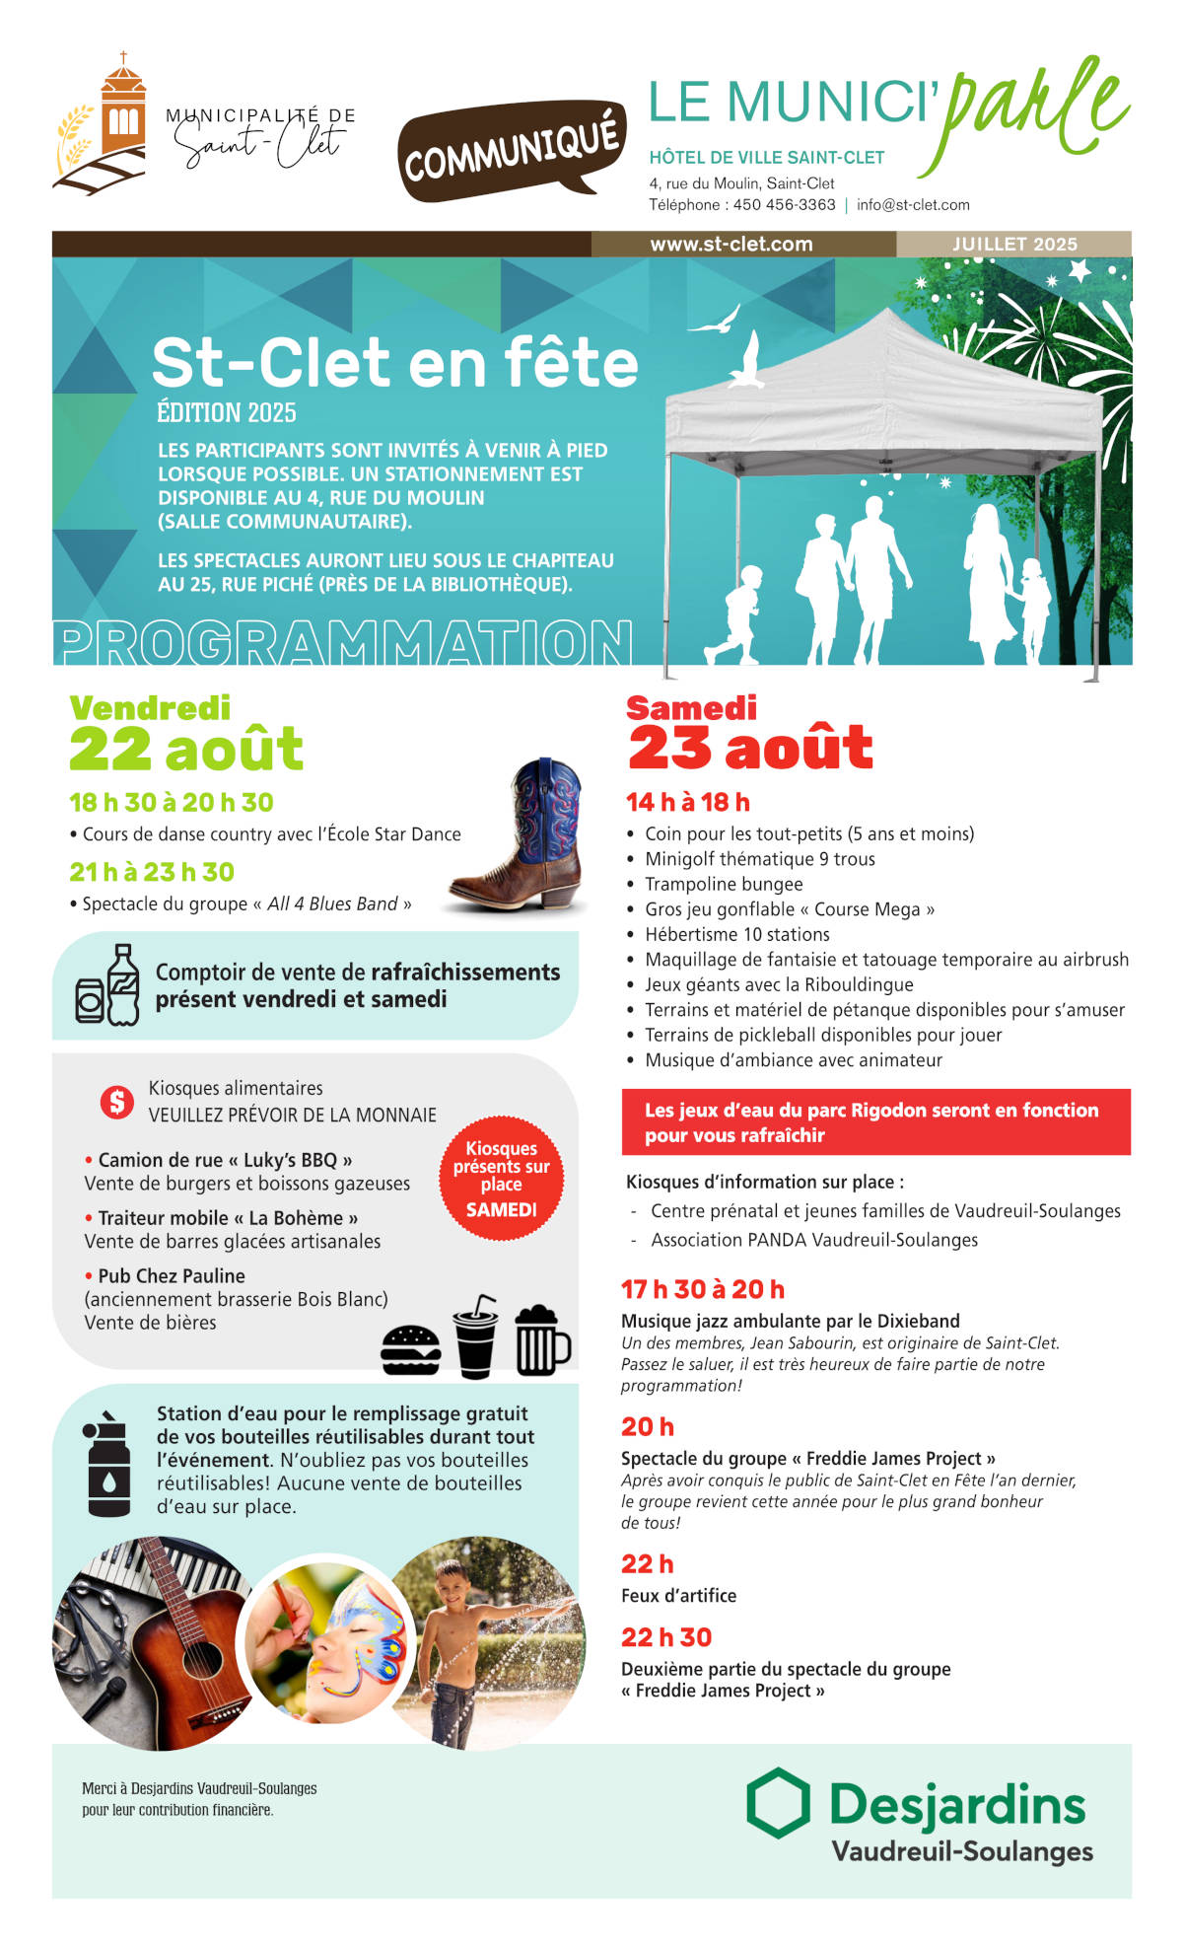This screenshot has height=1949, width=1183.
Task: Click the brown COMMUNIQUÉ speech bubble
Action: coord(512,152)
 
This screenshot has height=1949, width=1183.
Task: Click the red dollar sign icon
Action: coord(116,1102)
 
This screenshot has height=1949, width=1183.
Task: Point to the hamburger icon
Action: coord(410,1349)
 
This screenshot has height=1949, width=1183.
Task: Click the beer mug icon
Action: coord(541,1340)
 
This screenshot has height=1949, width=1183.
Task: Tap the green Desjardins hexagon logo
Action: coord(778,1803)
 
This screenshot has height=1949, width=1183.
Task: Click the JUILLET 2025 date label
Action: coord(1013,244)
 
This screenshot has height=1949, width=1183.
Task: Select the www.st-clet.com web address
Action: coord(731,244)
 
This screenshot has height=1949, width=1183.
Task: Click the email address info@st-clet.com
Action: coord(913,205)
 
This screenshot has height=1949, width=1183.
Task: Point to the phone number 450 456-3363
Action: coord(784,205)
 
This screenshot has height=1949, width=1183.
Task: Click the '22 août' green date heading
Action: coord(186,749)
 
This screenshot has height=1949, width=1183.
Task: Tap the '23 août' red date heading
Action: coord(750,748)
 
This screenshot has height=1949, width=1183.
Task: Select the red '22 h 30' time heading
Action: coord(666,1637)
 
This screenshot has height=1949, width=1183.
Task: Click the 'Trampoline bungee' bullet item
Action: coord(724,884)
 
